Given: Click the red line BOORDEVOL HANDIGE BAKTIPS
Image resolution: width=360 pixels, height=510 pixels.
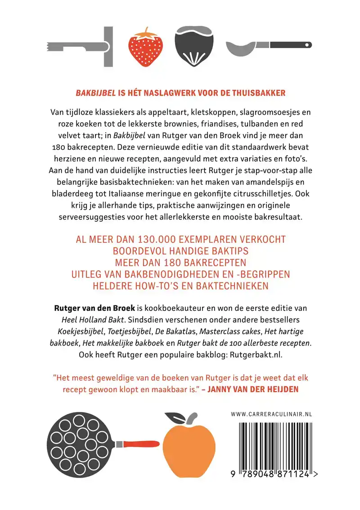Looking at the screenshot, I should [x=180, y=251].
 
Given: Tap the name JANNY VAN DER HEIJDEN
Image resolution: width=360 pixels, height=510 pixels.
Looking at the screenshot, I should [x=252, y=389].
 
